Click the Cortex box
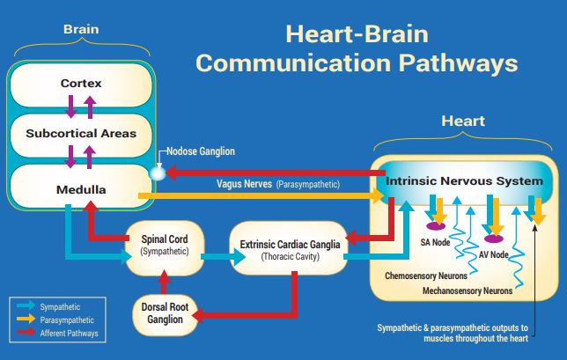tap(81, 84)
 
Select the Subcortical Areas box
tap(81, 134)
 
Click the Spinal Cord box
tap(165, 244)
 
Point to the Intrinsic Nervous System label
tap(464, 181)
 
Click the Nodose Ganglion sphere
tap(157, 173)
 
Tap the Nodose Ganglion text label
tap(201, 151)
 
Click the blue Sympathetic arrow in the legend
tap(26, 307)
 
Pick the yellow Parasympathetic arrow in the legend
tap(26, 320)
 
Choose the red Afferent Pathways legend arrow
tap(26, 334)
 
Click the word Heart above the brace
tap(462, 121)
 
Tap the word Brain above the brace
tap(81, 29)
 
